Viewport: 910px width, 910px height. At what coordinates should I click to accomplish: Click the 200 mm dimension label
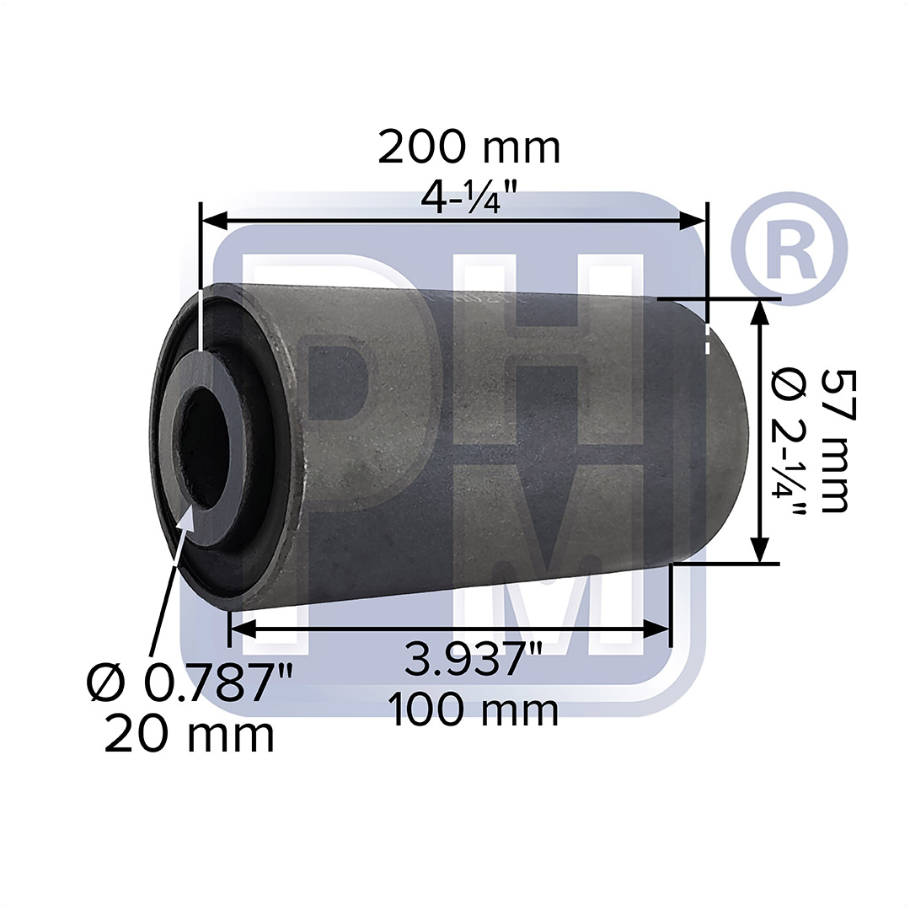point(457,148)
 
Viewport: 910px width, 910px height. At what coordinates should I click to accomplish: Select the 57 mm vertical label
point(834,440)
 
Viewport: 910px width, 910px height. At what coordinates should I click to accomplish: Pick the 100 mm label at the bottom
point(473,710)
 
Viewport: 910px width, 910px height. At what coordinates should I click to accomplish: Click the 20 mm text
point(190,736)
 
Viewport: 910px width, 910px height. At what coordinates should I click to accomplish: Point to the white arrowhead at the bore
point(187,518)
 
